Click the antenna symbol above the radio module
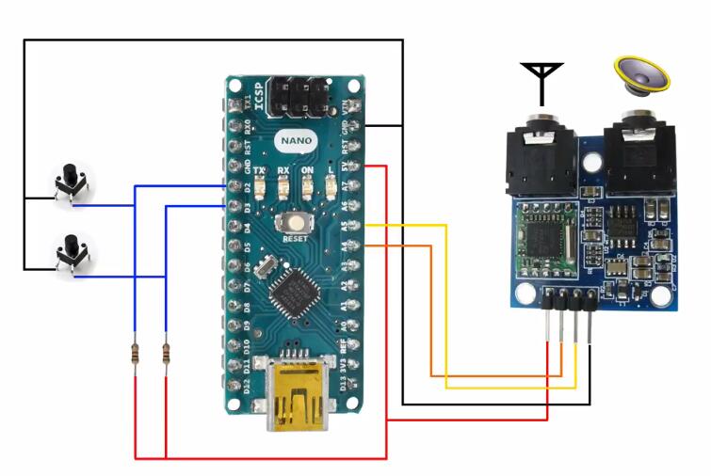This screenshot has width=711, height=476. (x=541, y=81)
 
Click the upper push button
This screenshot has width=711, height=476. (x=70, y=182)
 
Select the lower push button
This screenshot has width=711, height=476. (x=70, y=254)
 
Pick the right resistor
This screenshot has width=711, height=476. (x=166, y=355)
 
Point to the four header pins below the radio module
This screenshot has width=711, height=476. (x=568, y=320)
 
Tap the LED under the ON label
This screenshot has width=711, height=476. (x=331, y=187)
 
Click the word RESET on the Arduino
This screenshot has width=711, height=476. (x=296, y=239)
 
